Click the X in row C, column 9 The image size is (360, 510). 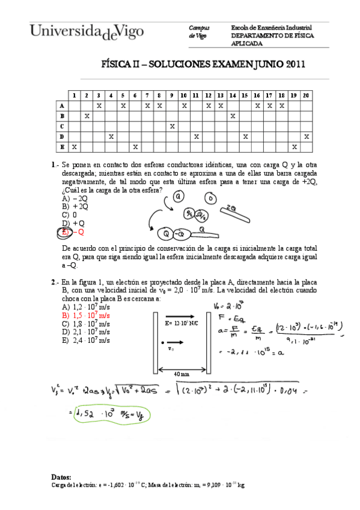tap(172, 126)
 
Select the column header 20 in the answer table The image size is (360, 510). tap(306, 95)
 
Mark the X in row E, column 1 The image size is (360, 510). tap(74, 147)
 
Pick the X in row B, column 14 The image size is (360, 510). tap(233, 115)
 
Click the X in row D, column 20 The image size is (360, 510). tap(306, 137)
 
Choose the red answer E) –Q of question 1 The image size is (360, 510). tap(73, 232)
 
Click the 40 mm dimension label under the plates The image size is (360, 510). tap(182, 375)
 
